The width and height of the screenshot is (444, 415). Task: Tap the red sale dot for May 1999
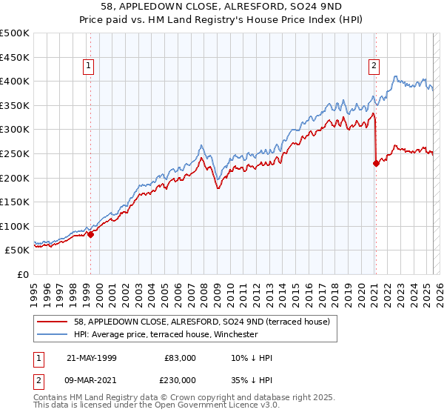click(x=91, y=234)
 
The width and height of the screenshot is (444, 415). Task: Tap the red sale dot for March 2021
click(x=376, y=163)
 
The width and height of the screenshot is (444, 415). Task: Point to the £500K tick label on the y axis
click(x=15, y=33)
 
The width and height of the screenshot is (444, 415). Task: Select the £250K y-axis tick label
click(x=15, y=153)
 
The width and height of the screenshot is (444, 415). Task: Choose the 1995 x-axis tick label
click(x=34, y=290)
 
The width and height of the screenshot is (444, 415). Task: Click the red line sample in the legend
click(x=52, y=322)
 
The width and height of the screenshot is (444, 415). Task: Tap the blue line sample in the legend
click(x=52, y=334)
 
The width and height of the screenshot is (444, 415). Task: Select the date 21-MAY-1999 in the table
click(x=92, y=358)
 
